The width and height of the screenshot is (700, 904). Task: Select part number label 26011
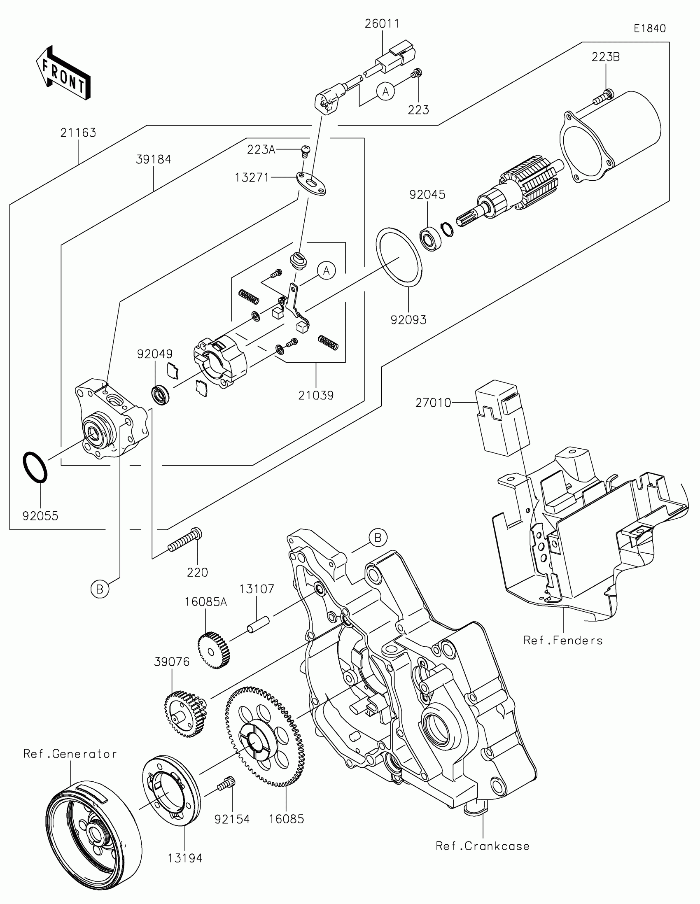(x=382, y=24)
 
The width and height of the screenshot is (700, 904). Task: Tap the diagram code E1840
(x=650, y=28)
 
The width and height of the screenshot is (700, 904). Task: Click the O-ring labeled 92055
(x=35, y=467)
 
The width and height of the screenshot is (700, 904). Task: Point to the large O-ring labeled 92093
(x=399, y=256)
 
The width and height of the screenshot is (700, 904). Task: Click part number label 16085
(x=287, y=819)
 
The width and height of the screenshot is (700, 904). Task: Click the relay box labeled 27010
(x=502, y=418)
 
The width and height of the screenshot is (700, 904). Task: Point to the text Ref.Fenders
(x=562, y=641)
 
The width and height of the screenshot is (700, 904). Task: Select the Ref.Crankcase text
(x=482, y=846)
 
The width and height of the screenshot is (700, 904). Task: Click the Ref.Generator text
(x=70, y=754)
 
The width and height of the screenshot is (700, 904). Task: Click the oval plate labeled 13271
(x=311, y=184)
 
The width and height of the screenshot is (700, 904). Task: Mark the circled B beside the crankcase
(x=378, y=538)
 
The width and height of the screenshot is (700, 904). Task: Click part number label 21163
(x=78, y=133)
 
